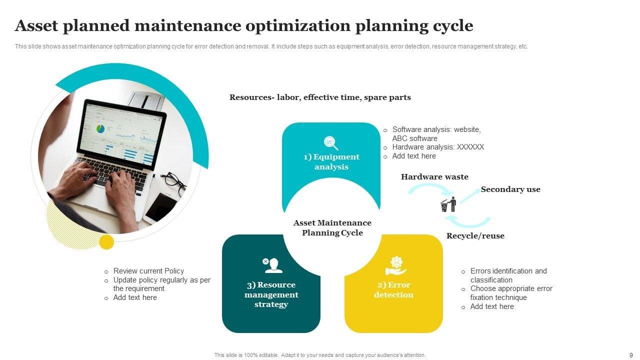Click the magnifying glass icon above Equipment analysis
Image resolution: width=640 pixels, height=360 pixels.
point(331,143)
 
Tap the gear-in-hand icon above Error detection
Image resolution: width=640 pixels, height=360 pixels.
point(396,265)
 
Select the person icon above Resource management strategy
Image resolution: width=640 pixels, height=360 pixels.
point(272,265)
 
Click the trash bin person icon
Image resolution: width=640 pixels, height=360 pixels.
point(448,204)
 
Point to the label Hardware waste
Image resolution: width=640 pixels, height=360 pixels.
point(434,177)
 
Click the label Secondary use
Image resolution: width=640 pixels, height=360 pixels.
point(510,189)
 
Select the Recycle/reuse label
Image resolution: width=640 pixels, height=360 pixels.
point(475,236)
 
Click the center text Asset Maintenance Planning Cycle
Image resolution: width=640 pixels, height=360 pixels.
point(332,227)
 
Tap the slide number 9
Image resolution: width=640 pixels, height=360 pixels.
point(630,354)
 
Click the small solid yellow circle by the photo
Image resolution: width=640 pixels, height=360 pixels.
point(106,242)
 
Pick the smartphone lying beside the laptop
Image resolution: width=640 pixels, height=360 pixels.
point(161,206)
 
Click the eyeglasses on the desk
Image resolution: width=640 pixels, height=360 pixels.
point(174,182)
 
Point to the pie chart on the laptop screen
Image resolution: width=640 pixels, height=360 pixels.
point(101,128)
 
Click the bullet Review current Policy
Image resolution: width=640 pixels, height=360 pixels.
point(148,271)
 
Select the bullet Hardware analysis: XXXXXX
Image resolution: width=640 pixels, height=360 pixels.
point(438,147)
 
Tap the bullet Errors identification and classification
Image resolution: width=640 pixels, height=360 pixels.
point(508,275)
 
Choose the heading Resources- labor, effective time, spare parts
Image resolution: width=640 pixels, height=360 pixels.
point(320,97)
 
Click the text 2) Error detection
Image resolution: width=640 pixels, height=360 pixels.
point(393,290)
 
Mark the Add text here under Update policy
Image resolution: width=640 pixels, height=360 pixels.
point(135,297)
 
